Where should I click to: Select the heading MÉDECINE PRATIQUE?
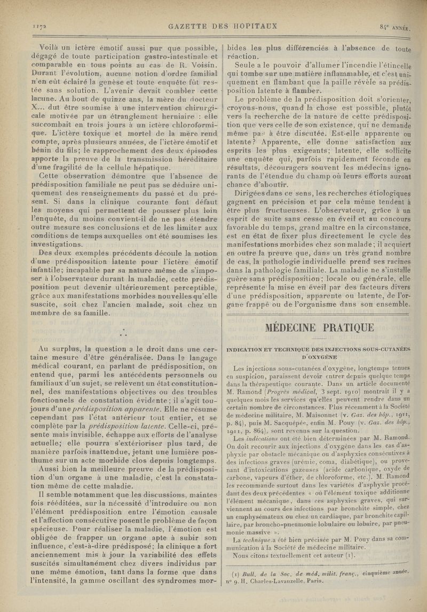[x=319, y=327]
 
